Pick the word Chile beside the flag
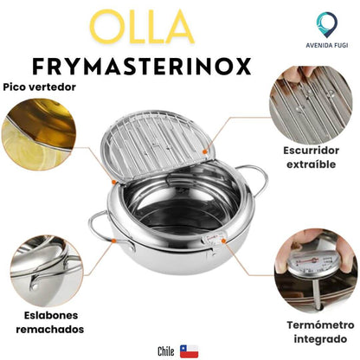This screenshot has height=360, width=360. coord(166,350)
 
